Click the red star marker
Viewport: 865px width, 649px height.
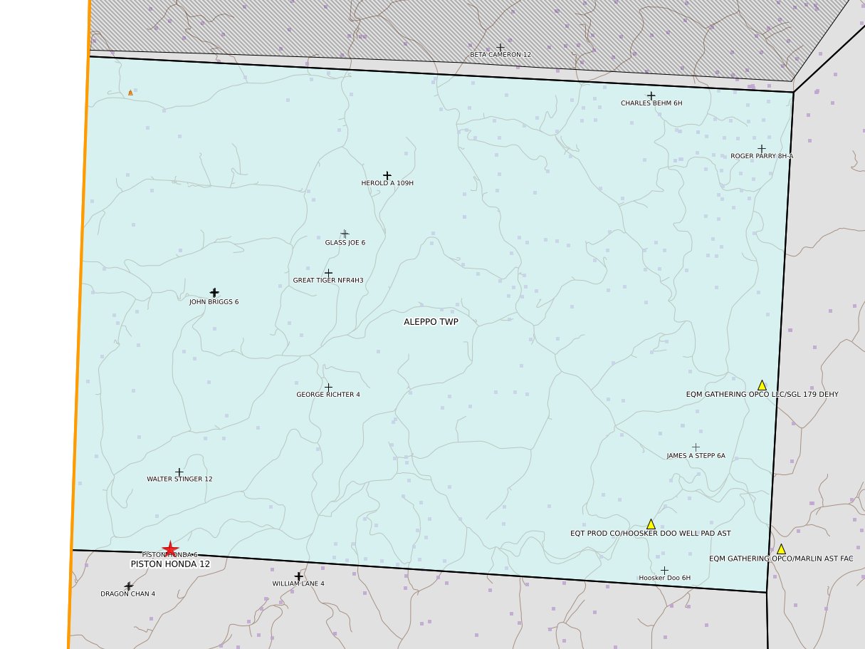coord(170,549)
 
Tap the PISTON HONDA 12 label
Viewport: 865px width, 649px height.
coord(170,564)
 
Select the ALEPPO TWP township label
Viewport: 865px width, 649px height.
coord(431,321)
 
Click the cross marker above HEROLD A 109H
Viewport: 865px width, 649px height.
coord(387,175)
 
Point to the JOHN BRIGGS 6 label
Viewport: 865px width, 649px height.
coord(214,302)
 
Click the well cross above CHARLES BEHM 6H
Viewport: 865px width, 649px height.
coord(651,95)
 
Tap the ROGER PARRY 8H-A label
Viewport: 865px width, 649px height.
coord(761,156)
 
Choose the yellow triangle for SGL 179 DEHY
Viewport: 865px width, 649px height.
coord(762,385)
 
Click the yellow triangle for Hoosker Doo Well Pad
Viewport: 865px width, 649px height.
coord(651,524)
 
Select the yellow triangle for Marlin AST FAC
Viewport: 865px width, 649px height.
coord(781,549)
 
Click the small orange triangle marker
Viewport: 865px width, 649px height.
coord(130,93)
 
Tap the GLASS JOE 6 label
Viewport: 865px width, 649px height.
coord(345,243)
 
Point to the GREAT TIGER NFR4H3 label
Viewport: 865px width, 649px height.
coord(328,281)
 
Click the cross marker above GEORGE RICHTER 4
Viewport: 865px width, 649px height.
coord(328,387)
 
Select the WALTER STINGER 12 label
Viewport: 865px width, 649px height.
coord(179,479)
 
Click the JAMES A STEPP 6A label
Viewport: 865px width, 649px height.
coord(696,456)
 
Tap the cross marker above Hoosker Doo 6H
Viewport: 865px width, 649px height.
coord(664,570)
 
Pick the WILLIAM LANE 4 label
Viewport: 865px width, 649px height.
coord(298,584)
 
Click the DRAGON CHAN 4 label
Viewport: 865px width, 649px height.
coord(127,594)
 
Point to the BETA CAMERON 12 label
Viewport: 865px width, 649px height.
coord(500,55)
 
